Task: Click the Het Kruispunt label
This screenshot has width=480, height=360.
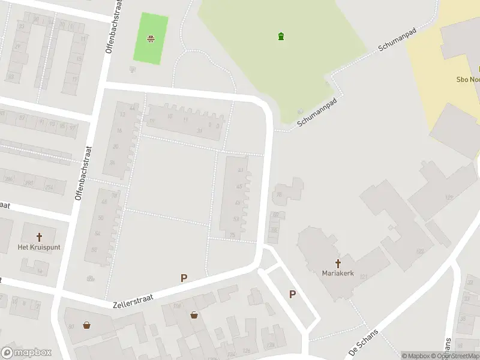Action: point(39,247)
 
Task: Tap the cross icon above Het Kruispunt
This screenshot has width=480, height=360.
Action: point(40,237)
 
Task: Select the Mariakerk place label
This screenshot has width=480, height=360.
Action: point(338,273)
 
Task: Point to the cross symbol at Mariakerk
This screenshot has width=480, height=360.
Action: point(338,263)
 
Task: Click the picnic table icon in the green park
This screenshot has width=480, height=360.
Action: point(151,40)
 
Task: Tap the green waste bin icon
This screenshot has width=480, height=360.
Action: point(281,37)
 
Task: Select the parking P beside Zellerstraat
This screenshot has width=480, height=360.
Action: point(184,278)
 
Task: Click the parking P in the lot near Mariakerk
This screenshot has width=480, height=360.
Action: point(293,294)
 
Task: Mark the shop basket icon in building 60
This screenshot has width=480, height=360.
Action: point(88,325)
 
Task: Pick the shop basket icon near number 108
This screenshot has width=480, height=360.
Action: point(194,314)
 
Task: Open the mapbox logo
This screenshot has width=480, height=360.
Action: point(26,352)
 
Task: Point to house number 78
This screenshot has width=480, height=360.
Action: point(279,194)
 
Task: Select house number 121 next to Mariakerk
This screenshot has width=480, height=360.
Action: point(364,276)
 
